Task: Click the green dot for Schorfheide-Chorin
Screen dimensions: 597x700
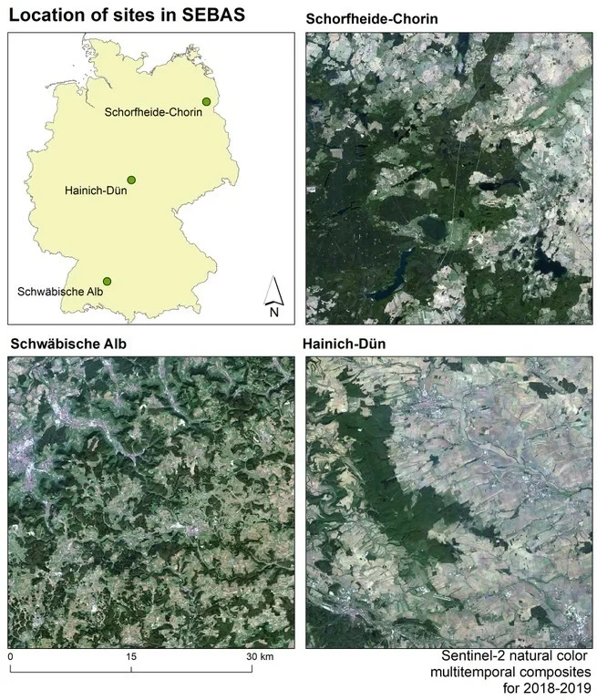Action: coord(208,101)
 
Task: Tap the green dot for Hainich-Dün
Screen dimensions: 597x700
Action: coord(131,180)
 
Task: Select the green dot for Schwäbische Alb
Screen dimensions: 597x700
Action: coord(108,281)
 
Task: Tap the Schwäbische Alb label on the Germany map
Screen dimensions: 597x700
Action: coord(59,292)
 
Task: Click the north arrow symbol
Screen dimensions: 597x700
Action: coord(274,290)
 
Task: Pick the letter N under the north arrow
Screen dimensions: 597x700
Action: coord(274,313)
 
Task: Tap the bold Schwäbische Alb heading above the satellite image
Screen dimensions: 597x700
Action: coord(67,345)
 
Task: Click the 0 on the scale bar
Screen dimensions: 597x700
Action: coord(10,657)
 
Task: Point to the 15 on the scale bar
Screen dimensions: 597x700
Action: coord(131,657)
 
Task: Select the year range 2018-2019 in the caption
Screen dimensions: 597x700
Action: coord(546,687)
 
